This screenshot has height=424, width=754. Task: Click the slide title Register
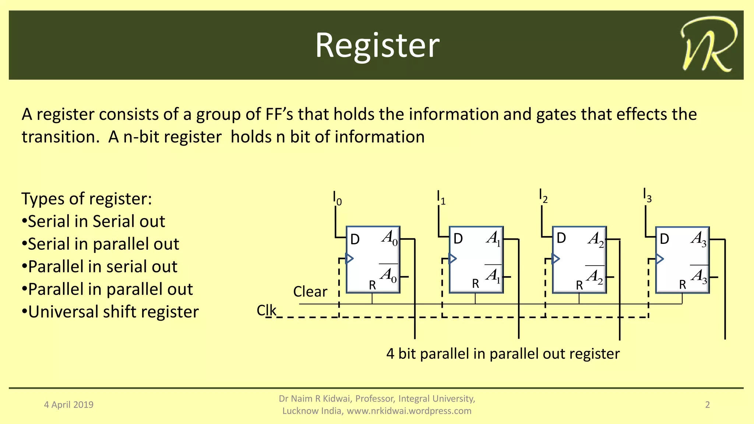click(377, 45)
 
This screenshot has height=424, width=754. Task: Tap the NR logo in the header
click(708, 44)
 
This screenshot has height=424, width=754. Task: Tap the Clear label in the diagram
click(310, 292)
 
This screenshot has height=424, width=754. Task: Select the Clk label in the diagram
click(266, 310)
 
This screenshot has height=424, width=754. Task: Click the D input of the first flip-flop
click(355, 239)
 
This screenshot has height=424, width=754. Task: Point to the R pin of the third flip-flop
click(579, 285)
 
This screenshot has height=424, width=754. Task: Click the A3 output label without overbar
click(698, 239)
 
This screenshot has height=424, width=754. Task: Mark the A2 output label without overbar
click(595, 239)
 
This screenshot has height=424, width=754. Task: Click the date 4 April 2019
click(69, 405)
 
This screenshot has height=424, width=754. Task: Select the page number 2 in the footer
click(707, 405)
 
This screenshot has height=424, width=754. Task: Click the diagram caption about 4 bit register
click(503, 354)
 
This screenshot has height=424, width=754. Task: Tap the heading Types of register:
click(87, 199)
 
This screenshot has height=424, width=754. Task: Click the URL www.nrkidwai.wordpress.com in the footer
click(409, 411)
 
